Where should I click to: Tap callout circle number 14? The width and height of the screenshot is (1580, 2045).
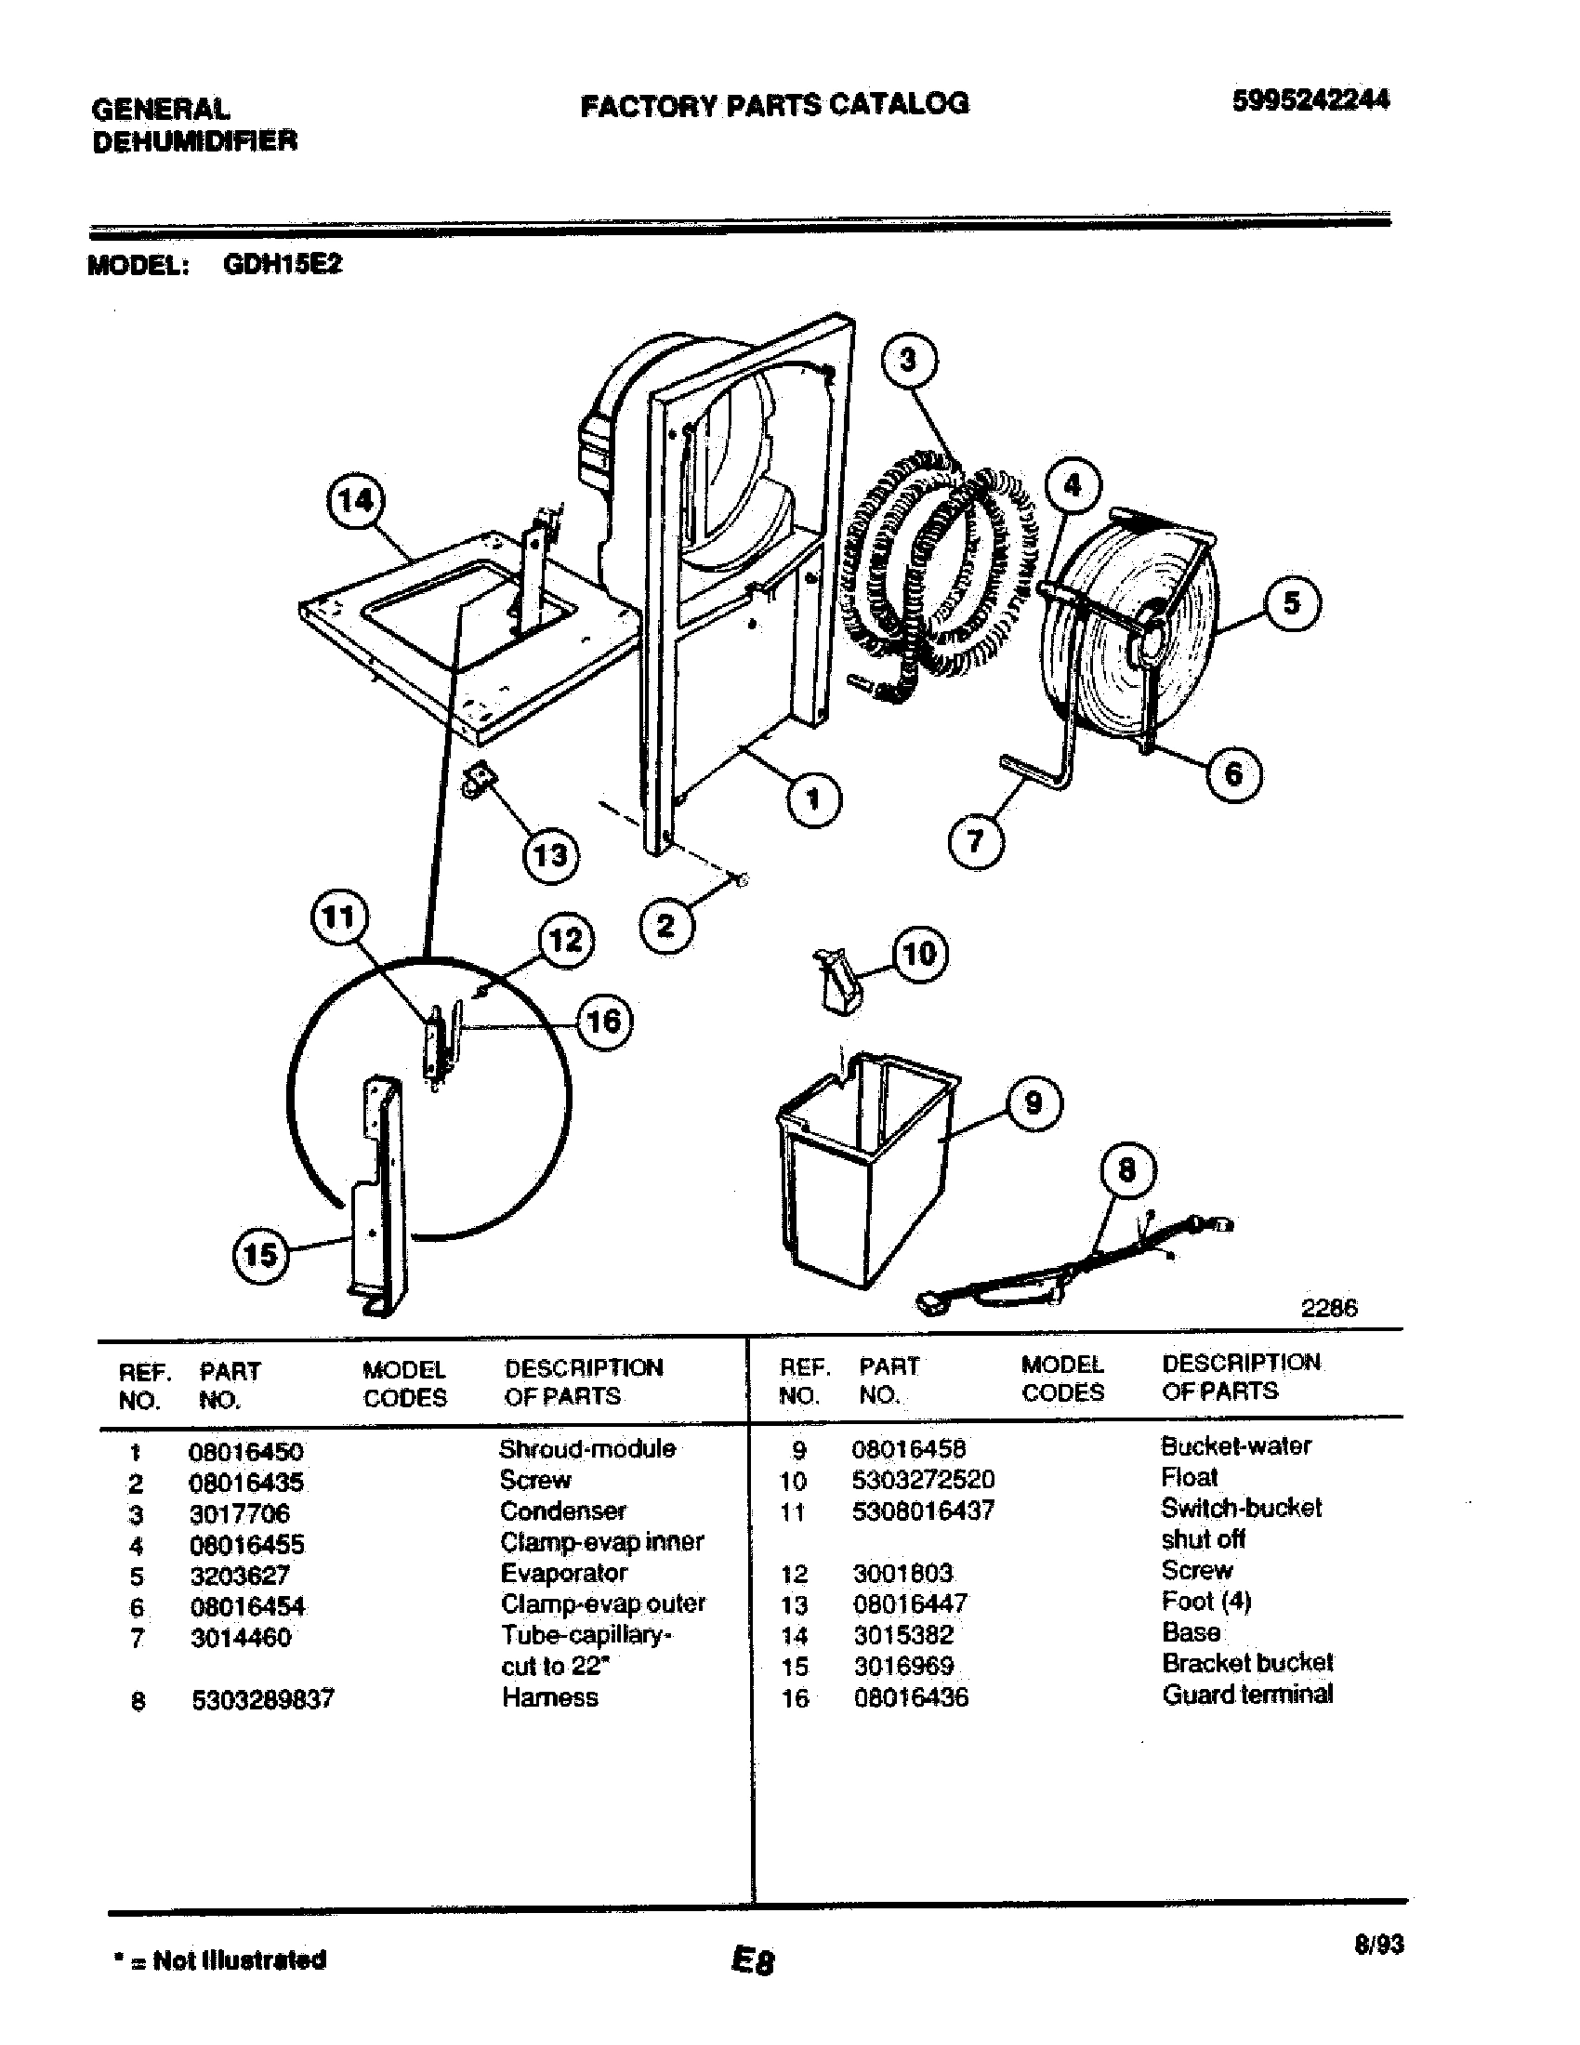click(x=355, y=502)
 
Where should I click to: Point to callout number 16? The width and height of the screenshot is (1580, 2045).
click(x=603, y=1021)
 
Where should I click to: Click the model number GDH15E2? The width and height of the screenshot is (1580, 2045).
click(x=283, y=265)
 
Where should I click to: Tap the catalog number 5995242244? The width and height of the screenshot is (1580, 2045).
click(x=1310, y=100)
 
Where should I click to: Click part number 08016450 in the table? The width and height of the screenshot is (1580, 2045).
click(x=245, y=1452)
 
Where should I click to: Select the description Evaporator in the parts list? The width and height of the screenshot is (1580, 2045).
click(x=563, y=1573)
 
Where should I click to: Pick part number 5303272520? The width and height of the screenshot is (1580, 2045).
click(x=922, y=1480)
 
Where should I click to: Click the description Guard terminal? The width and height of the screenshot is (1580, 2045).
click(x=1246, y=1694)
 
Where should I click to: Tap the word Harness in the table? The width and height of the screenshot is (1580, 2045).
click(x=549, y=1697)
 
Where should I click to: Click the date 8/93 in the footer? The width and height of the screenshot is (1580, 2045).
click(x=1377, y=1945)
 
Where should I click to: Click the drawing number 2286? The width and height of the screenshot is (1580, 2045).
click(x=1328, y=1308)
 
